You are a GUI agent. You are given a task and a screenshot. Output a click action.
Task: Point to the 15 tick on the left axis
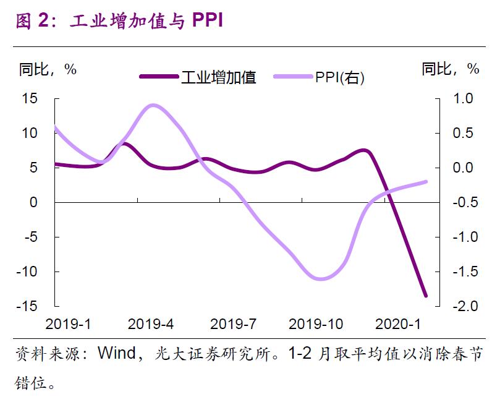(x=30, y=99)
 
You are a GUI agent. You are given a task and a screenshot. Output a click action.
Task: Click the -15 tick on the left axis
(x=27, y=306)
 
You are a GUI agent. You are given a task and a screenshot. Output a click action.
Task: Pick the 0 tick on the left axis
(x=33, y=202)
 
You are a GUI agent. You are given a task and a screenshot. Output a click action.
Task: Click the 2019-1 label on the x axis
(x=68, y=324)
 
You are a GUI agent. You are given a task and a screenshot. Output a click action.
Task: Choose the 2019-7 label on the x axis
(x=233, y=324)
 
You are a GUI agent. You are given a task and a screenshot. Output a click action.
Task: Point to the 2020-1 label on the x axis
(x=398, y=324)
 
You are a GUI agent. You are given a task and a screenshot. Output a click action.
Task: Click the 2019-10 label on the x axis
(x=316, y=324)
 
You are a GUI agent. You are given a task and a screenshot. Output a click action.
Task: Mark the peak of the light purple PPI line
(x=153, y=106)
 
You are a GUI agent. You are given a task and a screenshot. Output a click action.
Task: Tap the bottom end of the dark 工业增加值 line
(x=425, y=296)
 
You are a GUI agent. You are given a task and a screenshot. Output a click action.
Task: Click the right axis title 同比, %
(x=451, y=69)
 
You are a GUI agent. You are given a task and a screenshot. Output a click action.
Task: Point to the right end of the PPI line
(x=426, y=182)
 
